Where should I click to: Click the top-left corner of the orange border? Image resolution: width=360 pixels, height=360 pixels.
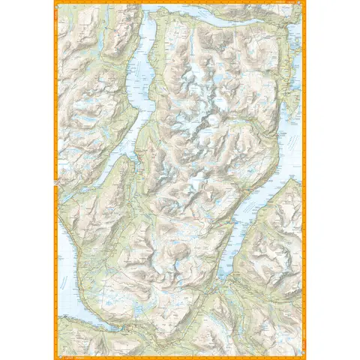55,2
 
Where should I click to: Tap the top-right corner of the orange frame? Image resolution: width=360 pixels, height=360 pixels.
305,2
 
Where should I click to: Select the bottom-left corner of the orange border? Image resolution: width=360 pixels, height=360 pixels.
55,358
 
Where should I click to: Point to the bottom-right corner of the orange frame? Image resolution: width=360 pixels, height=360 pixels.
305,358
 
